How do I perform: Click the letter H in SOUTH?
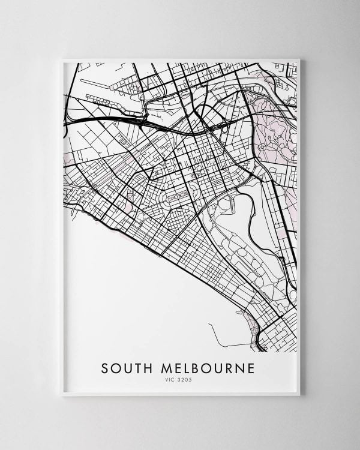[x=148, y=367]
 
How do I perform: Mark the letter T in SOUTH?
[x=137, y=367]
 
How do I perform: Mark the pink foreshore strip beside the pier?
[x=252, y=318]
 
